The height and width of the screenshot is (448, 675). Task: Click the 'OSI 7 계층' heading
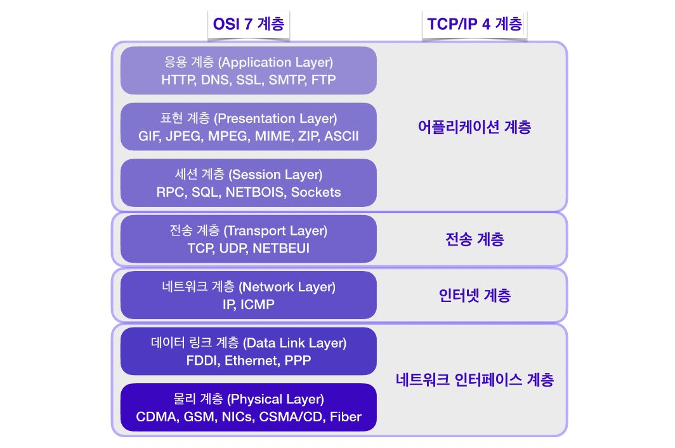249,23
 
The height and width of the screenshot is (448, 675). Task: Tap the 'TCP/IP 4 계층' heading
475,23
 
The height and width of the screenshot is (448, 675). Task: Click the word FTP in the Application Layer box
324,80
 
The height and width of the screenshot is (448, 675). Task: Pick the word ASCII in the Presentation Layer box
341,136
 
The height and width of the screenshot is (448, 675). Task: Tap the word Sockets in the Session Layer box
316,192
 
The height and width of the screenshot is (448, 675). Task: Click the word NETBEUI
281,249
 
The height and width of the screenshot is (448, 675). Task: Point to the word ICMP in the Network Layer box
258,305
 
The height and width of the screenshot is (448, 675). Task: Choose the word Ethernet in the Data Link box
251,360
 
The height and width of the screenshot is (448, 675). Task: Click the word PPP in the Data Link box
298,360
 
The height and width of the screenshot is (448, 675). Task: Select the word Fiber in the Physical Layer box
346,417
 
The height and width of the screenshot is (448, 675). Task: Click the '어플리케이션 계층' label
475,127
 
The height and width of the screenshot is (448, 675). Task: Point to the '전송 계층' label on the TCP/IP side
475,239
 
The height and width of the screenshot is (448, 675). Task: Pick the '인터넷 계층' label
475,296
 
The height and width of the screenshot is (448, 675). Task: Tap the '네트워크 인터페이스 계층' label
475,379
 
